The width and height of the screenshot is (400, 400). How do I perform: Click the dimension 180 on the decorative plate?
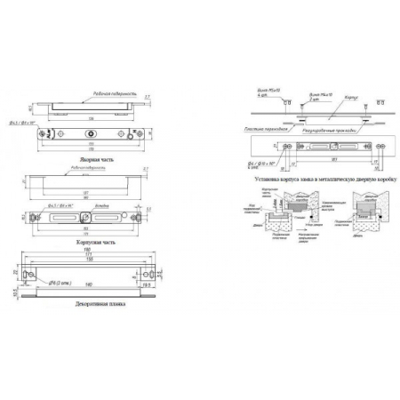[x=87, y=250]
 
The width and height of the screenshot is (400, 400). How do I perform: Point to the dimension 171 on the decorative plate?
[x=87, y=256]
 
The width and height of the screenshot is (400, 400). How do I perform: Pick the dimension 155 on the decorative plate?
[x=87, y=263]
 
